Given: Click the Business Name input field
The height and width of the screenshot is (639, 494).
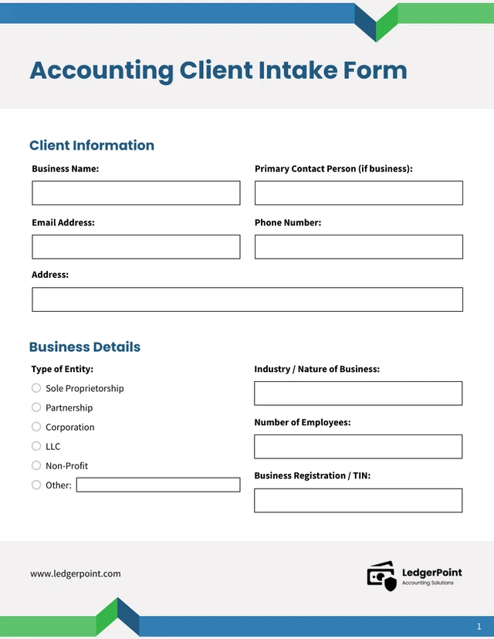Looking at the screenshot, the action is [x=136, y=193].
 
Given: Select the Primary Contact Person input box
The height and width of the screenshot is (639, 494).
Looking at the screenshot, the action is [x=358, y=193].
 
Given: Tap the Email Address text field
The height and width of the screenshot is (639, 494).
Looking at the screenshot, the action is [x=136, y=247].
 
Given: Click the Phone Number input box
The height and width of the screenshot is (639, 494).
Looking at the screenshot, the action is [x=358, y=247].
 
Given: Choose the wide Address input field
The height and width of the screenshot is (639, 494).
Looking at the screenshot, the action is [x=247, y=299].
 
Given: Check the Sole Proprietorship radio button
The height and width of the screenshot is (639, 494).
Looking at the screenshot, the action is [x=36, y=388].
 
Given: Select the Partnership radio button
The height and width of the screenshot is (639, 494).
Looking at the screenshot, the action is [x=36, y=407].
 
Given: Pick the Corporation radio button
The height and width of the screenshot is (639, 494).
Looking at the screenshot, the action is [x=36, y=427].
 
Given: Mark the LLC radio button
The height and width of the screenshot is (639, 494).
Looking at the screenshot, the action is [x=36, y=446].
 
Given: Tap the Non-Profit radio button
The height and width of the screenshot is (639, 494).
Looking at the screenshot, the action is [x=36, y=465].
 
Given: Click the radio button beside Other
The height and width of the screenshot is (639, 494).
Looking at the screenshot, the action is [x=36, y=485].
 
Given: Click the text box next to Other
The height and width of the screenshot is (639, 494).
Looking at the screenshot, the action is [x=158, y=485].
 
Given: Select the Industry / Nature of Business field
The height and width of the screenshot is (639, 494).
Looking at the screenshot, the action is [x=358, y=393].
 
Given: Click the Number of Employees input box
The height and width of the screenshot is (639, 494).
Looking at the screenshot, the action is [x=358, y=446].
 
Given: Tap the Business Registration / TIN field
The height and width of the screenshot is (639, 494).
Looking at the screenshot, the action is [x=358, y=500].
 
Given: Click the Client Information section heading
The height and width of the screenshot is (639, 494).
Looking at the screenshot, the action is [x=92, y=145].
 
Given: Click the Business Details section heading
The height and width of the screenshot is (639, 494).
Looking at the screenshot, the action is [x=85, y=347].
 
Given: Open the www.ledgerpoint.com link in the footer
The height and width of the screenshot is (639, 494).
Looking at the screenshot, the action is [x=76, y=573].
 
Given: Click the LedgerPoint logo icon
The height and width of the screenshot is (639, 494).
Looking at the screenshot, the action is [x=381, y=576].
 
